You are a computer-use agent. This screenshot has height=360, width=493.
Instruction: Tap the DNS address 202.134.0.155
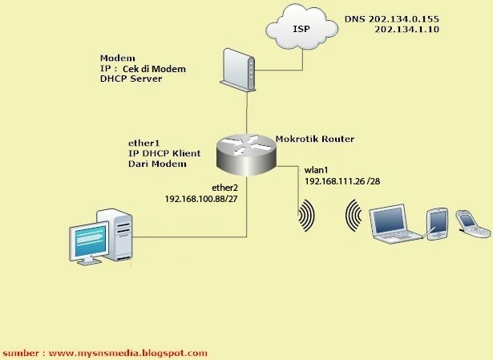click(x=417, y=18)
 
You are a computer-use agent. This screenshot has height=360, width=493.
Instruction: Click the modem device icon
click(x=239, y=69)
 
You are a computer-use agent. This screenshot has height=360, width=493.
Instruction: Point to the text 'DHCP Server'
click(x=131, y=80)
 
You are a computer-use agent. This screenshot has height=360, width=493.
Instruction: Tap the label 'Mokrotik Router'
click(x=314, y=139)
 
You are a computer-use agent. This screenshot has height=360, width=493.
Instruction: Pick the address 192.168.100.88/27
click(x=201, y=198)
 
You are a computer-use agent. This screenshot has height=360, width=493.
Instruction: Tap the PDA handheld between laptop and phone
click(x=438, y=223)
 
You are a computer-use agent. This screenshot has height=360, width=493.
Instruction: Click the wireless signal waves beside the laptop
click(x=353, y=216)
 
